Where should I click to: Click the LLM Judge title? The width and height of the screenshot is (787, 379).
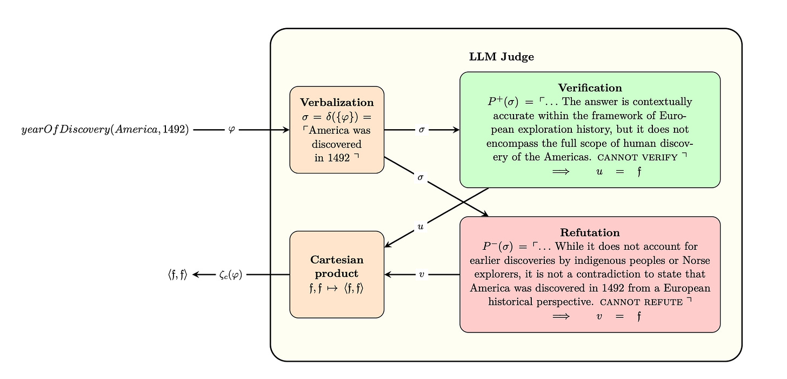click(x=502, y=57)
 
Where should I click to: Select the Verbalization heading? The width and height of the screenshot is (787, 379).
click(x=337, y=102)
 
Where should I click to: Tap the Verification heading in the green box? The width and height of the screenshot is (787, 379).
click(x=590, y=88)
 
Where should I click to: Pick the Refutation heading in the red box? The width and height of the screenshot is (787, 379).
click(x=590, y=232)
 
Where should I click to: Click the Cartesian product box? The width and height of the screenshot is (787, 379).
click(x=337, y=274)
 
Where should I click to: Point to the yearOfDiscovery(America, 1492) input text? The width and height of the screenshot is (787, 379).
click(x=105, y=130)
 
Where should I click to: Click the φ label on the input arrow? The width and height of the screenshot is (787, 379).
click(x=232, y=130)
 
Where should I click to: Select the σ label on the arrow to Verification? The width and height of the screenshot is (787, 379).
click(x=422, y=130)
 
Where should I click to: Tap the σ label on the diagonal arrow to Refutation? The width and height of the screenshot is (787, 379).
click(x=421, y=177)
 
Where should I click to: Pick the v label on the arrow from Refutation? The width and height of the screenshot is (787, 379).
click(x=422, y=275)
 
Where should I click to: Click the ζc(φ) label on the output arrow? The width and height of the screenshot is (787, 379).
click(x=231, y=275)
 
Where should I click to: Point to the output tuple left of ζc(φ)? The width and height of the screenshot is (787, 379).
click(x=177, y=275)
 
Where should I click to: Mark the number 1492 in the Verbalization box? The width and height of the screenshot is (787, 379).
click(x=339, y=158)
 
